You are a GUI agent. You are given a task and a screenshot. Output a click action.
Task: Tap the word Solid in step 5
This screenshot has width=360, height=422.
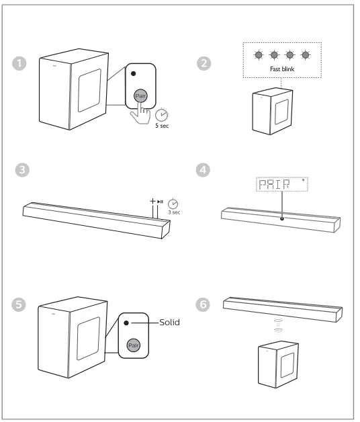click(x=169, y=323)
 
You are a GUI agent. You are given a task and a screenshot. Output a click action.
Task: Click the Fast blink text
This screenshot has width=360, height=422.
click(x=282, y=69)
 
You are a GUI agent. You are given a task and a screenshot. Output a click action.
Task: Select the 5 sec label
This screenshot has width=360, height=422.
click(x=162, y=125)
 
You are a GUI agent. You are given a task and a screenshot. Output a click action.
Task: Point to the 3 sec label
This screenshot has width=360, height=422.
click(x=174, y=211)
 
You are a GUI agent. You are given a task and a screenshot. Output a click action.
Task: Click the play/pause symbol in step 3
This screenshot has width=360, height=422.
click(x=160, y=200)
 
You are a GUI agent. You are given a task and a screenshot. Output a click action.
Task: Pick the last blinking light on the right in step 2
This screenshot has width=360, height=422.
click(x=306, y=55)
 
